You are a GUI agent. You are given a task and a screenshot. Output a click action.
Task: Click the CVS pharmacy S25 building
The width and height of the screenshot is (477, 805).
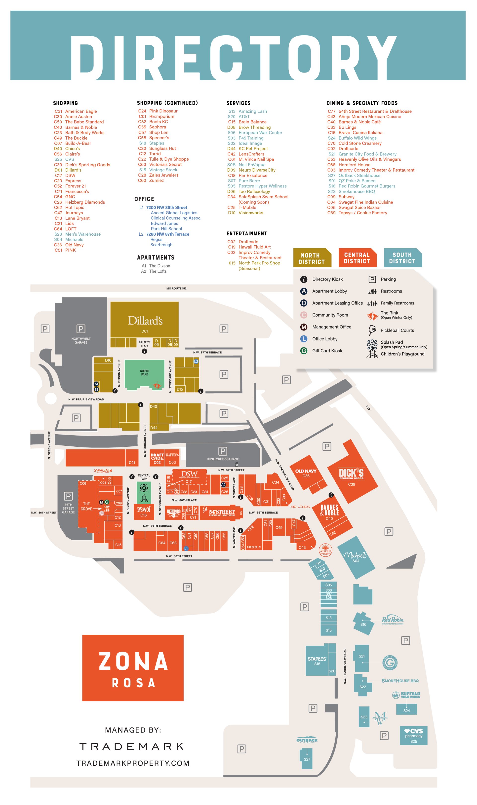[x=413, y=735]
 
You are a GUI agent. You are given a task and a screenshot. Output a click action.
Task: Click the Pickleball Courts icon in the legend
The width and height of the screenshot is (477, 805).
[x=372, y=330]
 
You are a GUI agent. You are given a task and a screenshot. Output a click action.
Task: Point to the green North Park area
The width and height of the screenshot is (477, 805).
[x=144, y=373]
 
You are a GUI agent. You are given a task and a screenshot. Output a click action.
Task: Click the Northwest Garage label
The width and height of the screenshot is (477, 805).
[x=81, y=340]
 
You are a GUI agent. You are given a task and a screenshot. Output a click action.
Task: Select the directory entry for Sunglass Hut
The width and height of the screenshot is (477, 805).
[x=162, y=148]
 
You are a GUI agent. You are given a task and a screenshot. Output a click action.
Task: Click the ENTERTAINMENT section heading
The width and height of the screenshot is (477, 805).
[x=246, y=234]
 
